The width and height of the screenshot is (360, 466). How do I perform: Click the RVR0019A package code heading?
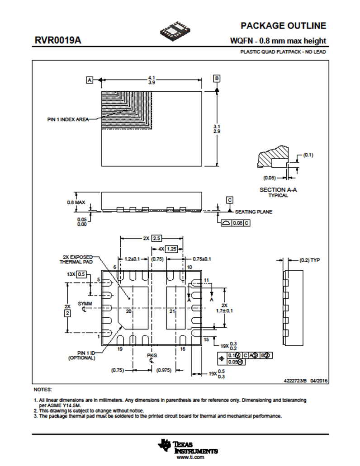coord(57,41)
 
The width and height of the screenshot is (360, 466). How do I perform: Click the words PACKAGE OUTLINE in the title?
coord(283,26)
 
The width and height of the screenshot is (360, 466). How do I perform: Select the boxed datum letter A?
coord(90,80)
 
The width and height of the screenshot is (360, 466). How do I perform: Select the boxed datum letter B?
coord(217,79)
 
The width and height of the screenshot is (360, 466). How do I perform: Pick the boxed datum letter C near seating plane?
coord(230,200)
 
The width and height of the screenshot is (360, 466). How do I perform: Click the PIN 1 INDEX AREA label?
coord(68,120)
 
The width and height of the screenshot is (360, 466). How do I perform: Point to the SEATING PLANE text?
coord(254,212)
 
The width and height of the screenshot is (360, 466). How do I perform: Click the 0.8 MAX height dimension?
coord(75,202)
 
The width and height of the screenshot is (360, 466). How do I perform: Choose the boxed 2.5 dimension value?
coord(156,238)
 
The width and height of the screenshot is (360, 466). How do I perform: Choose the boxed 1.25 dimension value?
coord(171,249)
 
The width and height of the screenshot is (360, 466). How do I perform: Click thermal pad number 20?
coord(128,311)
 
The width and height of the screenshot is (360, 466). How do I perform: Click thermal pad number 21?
coord(172,311)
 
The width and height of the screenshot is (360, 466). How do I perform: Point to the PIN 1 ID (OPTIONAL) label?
coord(82,355)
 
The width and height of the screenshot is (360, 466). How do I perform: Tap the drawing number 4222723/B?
coord(295,381)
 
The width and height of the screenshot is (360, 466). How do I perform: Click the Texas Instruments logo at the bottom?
coord(188,447)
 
